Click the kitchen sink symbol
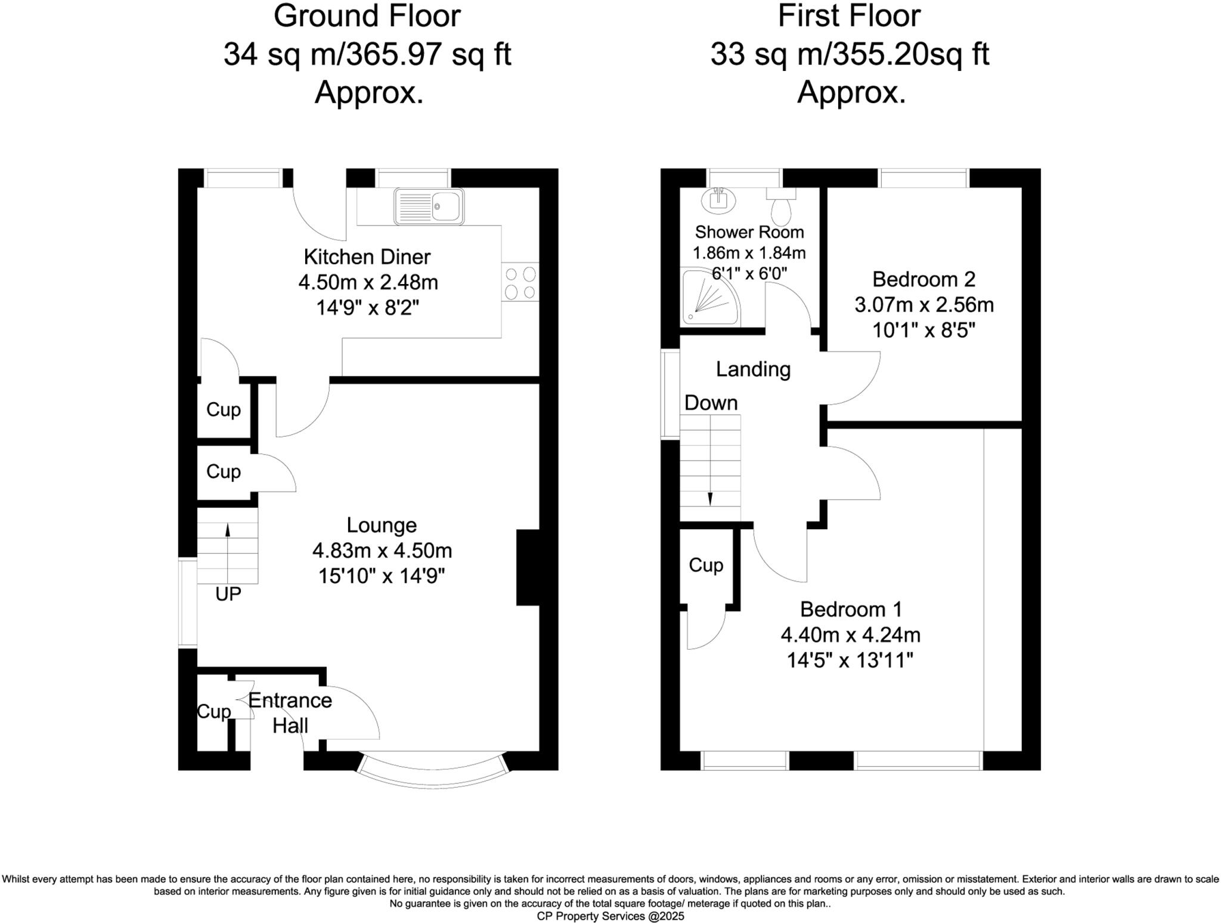click(429, 206)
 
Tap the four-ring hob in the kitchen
click(520, 283)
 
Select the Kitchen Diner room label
click(367, 257)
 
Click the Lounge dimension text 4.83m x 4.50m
click(382, 550)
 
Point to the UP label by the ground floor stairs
click(228, 594)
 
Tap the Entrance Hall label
click(290, 713)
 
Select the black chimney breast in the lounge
click(528, 567)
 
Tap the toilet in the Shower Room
click(781, 206)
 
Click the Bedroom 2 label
click(924, 279)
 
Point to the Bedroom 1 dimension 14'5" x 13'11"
click(850, 660)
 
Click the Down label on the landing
click(711, 403)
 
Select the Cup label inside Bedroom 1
click(706, 565)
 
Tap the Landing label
click(753, 369)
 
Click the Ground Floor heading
click(367, 16)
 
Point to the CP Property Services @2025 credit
click(610, 916)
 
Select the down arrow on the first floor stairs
click(710, 498)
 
